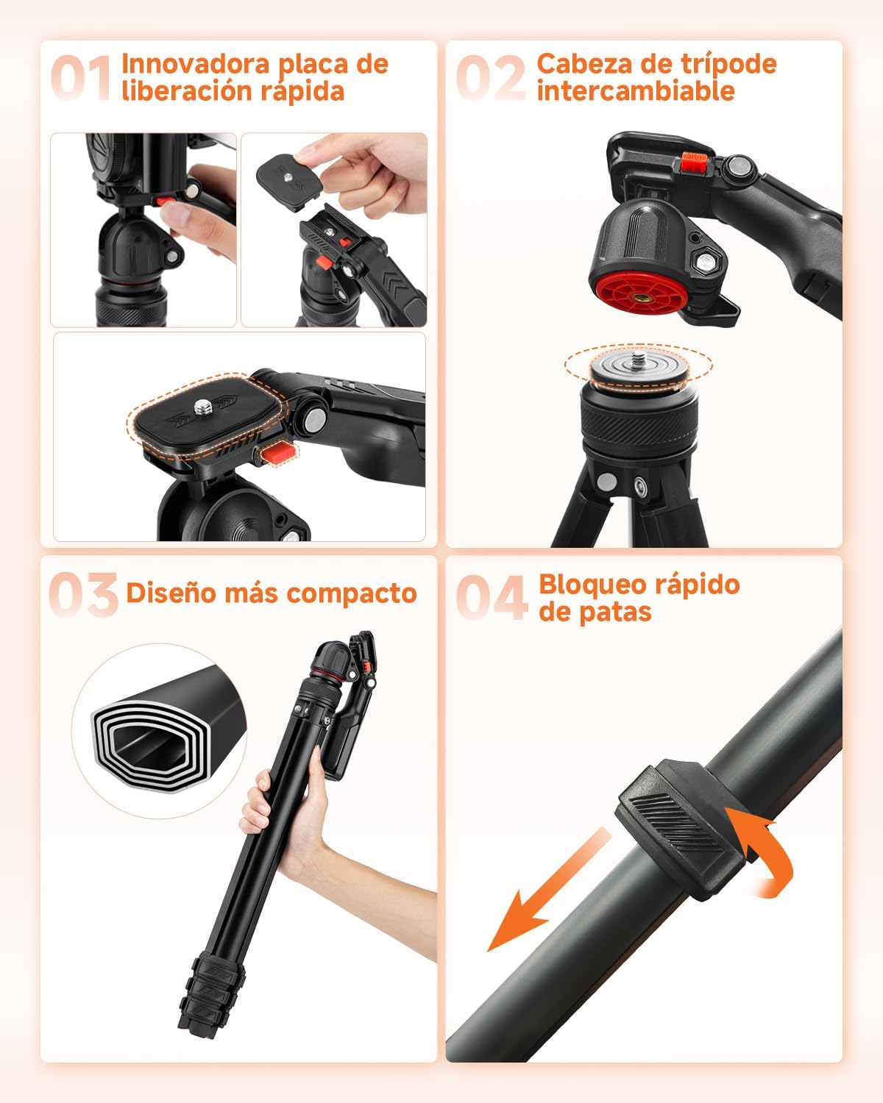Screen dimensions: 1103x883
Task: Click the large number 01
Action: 81,78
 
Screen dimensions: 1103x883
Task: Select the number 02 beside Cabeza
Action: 491,78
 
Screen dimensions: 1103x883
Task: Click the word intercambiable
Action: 635,91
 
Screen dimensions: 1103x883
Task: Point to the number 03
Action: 83,594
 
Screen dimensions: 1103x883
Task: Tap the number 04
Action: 492,597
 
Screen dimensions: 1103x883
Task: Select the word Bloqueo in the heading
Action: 586,585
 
